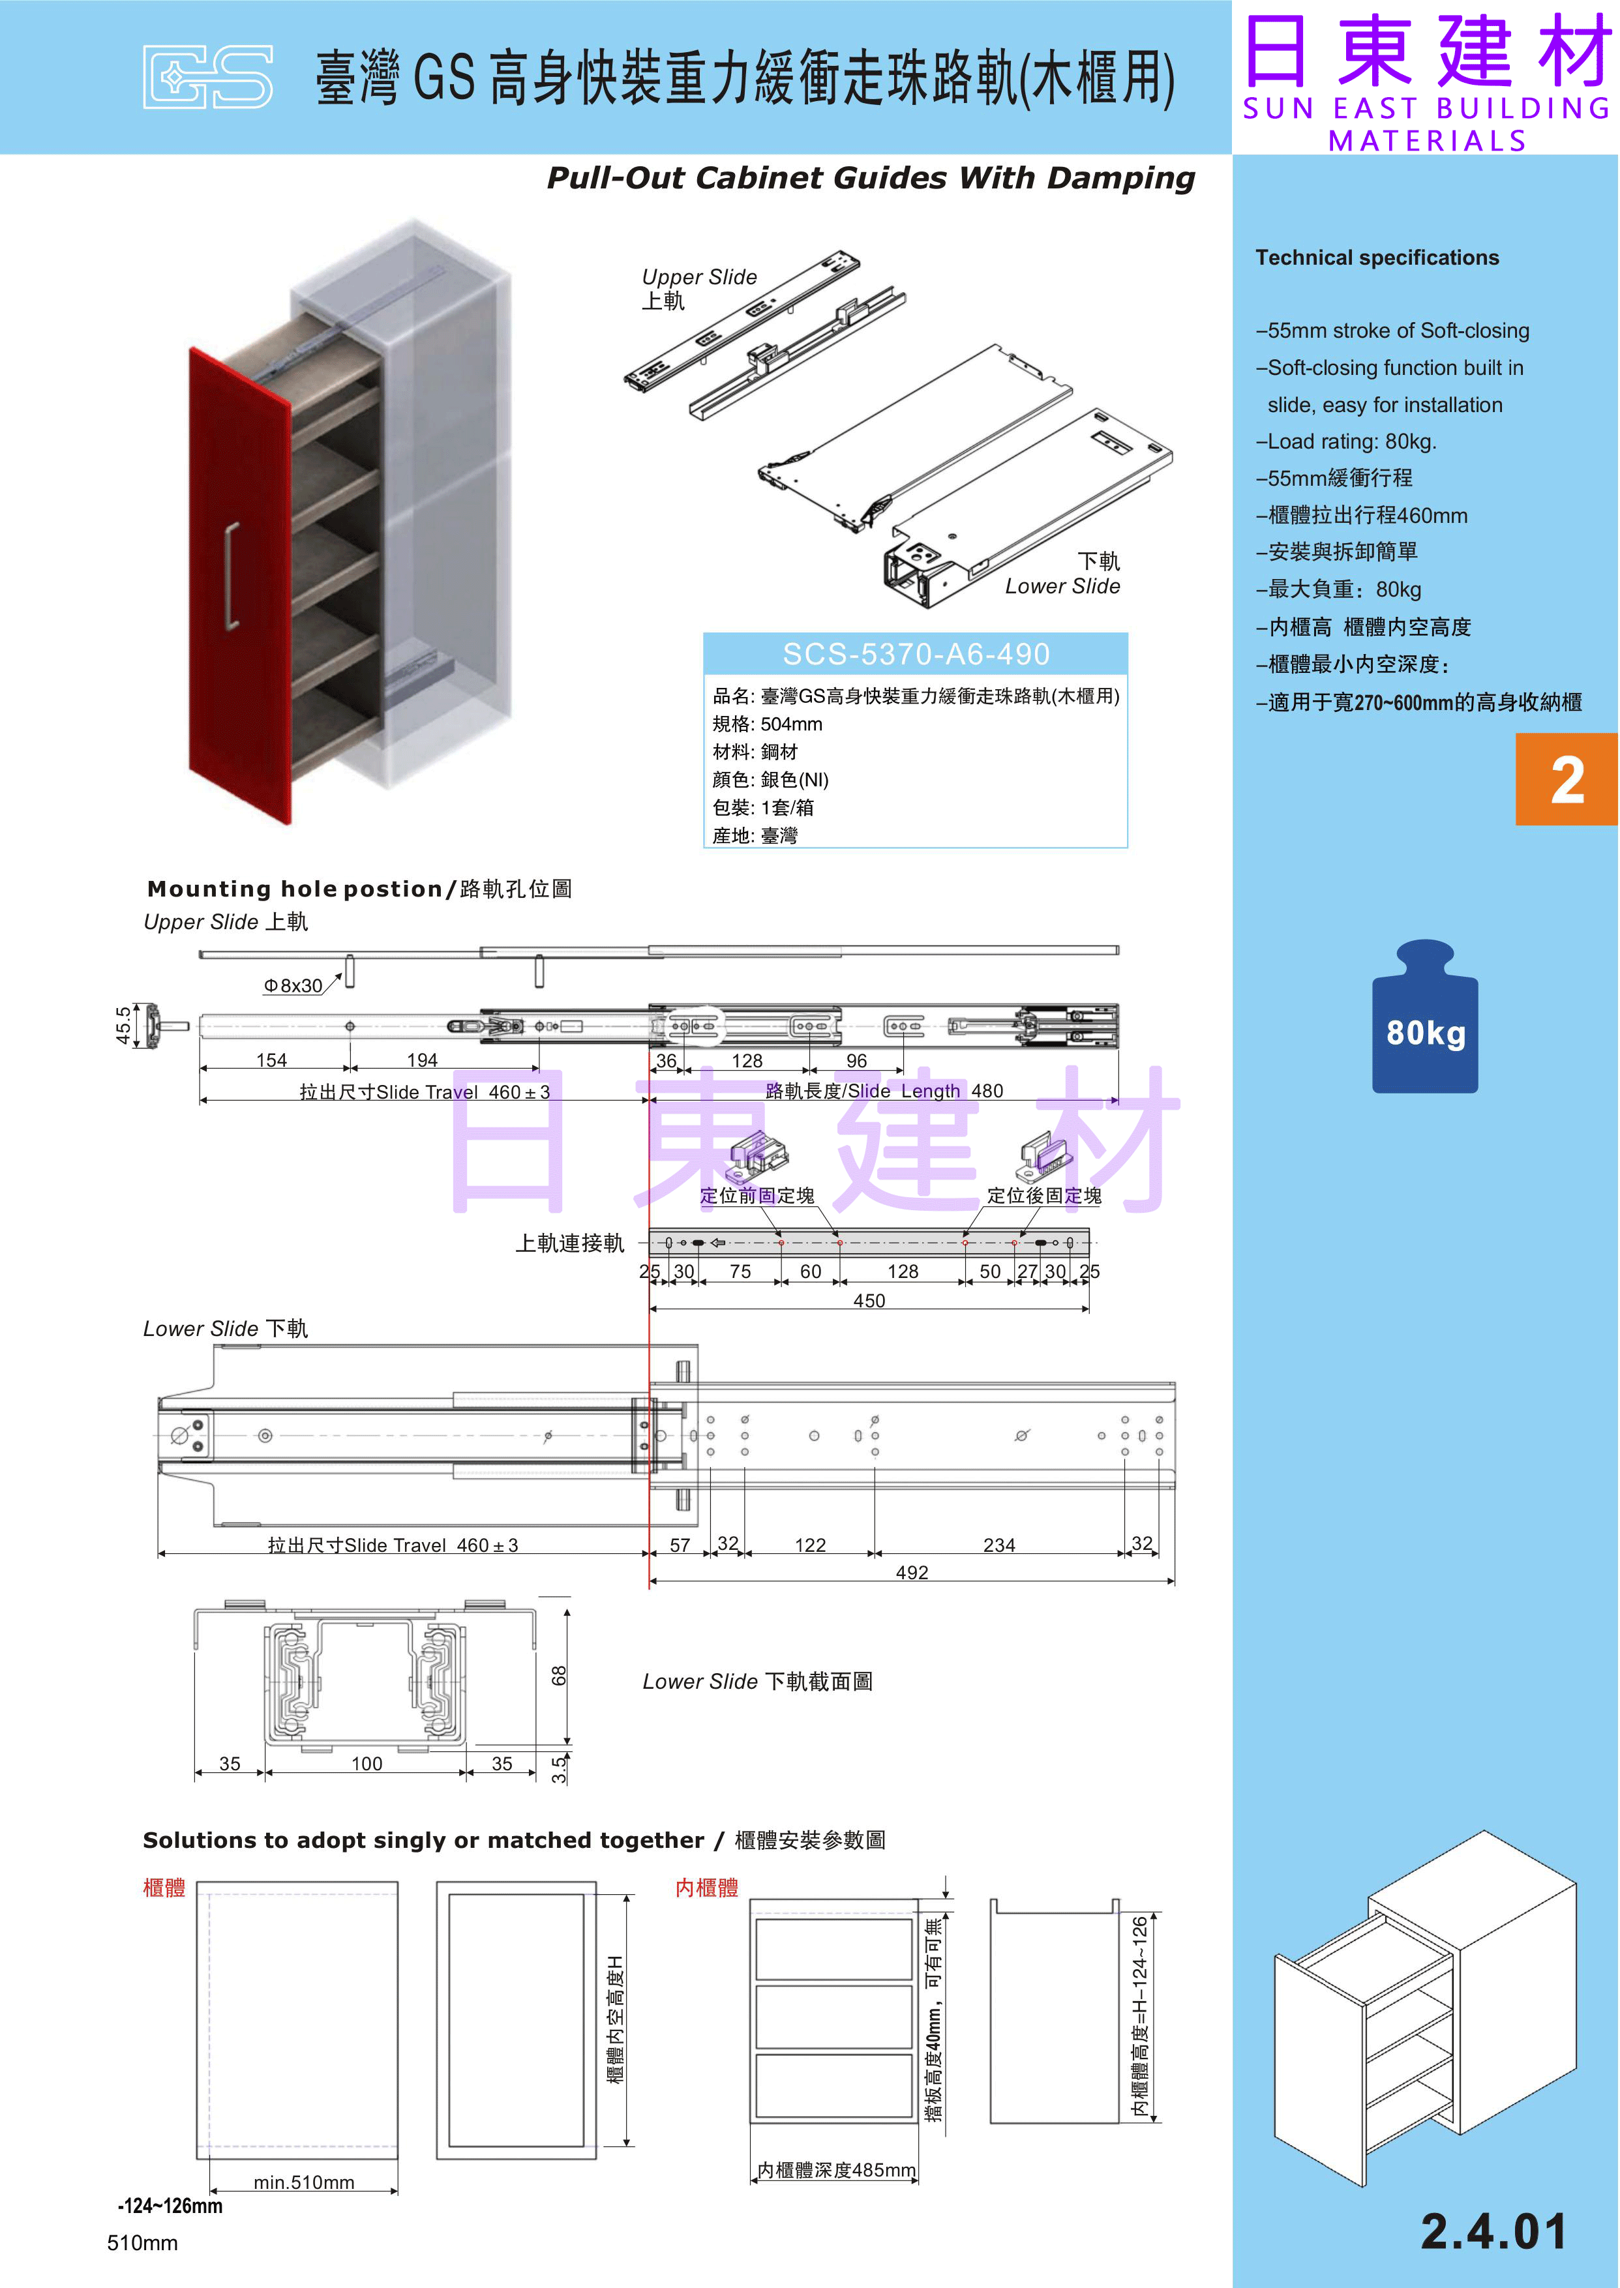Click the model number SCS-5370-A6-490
click(x=915, y=654)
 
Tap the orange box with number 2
click(x=1566, y=779)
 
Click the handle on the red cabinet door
click(x=232, y=576)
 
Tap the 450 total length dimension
click(x=868, y=1301)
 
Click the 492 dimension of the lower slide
click(x=912, y=1573)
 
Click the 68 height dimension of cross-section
click(x=559, y=1676)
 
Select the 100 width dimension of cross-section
click(x=366, y=1763)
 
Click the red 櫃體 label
click(x=164, y=1887)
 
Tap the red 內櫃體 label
click(x=706, y=1887)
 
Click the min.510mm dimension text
click(x=303, y=2182)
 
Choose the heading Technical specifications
click(x=1377, y=258)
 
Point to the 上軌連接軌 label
click(x=569, y=1243)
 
